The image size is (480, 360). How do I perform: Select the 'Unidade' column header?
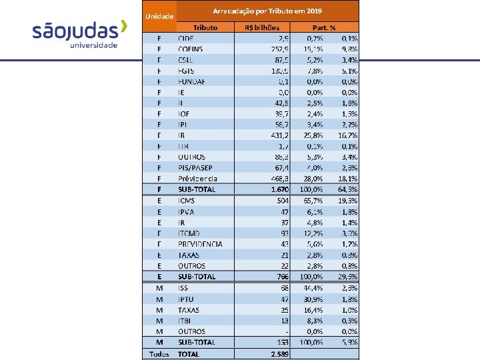click(159, 15)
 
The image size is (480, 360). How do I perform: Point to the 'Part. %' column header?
click(325, 27)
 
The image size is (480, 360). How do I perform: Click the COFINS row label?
click(191, 49)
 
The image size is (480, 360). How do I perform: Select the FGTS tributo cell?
click(187, 70)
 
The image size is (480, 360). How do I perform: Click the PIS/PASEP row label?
click(197, 167)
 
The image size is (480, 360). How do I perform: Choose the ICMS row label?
click(187, 200)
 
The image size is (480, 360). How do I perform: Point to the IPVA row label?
click(187, 211)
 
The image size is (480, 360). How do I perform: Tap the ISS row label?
click(183, 287)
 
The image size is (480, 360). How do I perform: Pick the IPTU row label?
click(187, 298)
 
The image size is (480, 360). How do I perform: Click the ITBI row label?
click(185, 320)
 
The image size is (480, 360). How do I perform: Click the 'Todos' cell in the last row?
click(159, 354)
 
